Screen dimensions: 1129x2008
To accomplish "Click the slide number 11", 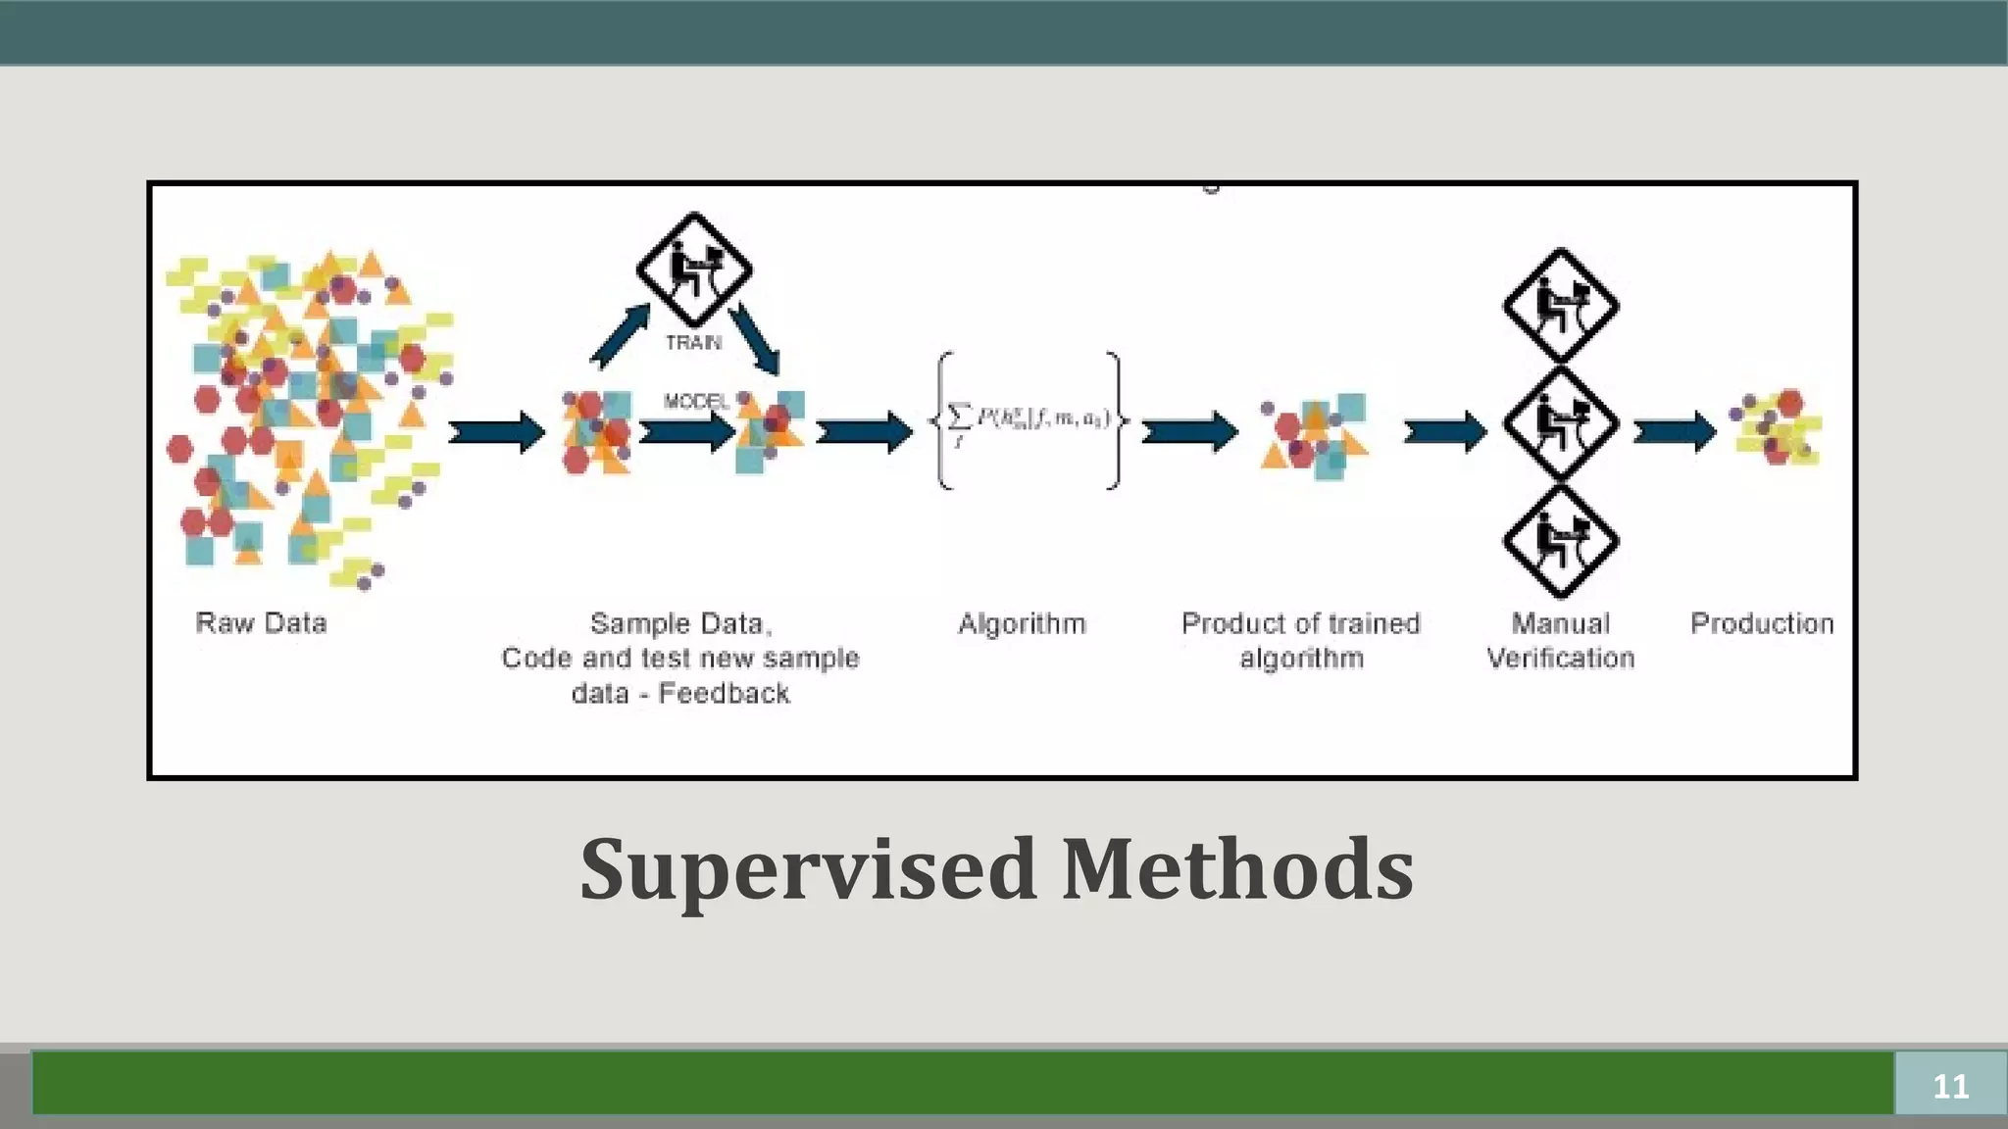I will click(x=1950, y=1086).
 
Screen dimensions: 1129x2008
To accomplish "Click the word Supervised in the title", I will click(x=808, y=870).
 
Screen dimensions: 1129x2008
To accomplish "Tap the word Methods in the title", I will click(x=1237, y=870).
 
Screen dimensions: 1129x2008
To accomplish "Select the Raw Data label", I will click(x=261, y=623).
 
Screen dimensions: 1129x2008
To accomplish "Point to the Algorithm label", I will click(x=1022, y=623).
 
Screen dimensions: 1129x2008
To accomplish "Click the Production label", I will click(x=1762, y=623).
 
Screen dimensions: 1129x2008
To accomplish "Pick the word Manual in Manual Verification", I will click(x=1560, y=623).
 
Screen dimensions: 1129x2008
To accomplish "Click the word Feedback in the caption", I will click(x=724, y=694).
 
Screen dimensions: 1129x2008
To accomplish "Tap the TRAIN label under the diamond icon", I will click(x=693, y=342).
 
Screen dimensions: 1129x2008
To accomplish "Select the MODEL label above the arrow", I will click(x=696, y=401).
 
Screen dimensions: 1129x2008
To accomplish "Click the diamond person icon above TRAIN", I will click(x=694, y=269).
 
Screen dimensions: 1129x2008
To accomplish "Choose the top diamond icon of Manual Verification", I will click(x=1560, y=306).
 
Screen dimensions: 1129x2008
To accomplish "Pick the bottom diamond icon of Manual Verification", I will click(x=1560, y=541).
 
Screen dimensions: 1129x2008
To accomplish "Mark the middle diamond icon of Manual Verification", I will click(x=1560, y=423).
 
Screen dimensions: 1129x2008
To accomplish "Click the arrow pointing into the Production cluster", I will click(x=1675, y=431).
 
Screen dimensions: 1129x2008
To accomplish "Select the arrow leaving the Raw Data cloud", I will click(x=496, y=431).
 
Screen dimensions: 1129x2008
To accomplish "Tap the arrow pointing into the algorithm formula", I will click(x=864, y=431).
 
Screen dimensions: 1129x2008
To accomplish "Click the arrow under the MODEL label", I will click(x=687, y=431).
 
